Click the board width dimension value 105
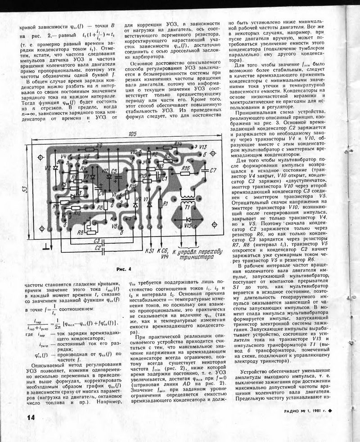[131, 134]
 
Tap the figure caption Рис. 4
[123, 269]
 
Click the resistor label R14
[178, 144]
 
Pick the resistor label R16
[185, 167]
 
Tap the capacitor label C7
[213, 170]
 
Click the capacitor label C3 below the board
[97, 241]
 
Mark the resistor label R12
[77, 213]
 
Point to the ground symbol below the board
[46, 246]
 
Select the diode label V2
[48, 168]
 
